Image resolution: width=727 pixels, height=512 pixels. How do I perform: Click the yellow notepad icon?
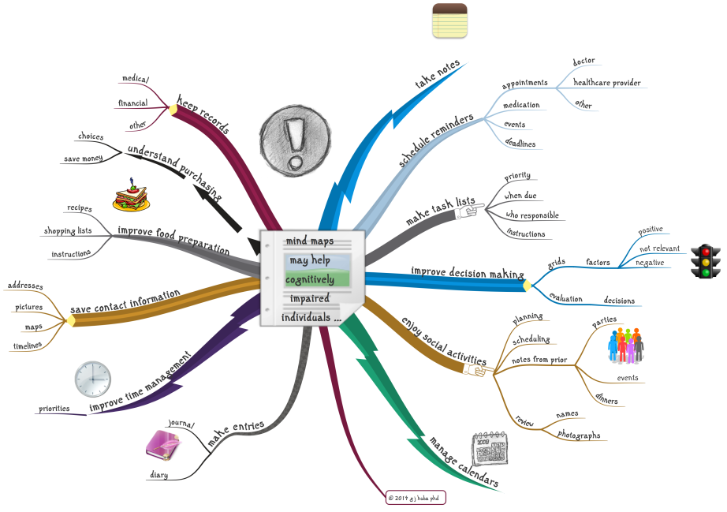450,21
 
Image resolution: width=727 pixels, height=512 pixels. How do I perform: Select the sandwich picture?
131,197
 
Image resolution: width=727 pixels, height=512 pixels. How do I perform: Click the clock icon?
93,379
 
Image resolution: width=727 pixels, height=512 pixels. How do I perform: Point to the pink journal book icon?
162,447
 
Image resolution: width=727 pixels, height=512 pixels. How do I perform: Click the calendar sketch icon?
490,450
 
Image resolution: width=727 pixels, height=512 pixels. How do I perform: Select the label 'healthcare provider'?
606,82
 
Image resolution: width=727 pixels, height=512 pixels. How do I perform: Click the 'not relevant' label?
659,248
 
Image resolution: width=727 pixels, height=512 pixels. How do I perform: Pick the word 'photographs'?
579,435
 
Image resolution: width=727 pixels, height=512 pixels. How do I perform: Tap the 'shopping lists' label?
69,231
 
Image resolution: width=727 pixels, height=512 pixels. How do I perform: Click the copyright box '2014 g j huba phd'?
416,498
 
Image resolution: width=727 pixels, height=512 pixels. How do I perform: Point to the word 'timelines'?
28,346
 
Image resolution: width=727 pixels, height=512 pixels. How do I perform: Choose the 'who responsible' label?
531,215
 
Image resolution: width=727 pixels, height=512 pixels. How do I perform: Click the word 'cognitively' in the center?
310,279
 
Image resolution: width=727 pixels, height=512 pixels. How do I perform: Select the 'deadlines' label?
520,144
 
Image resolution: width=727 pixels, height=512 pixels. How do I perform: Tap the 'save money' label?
83,159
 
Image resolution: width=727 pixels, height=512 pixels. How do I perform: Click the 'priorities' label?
54,409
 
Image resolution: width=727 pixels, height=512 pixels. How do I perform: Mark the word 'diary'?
158,475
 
